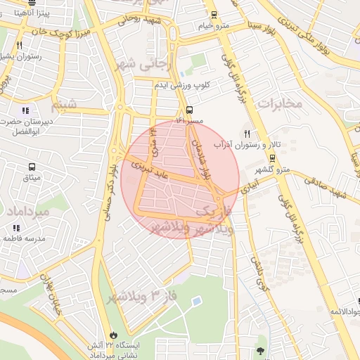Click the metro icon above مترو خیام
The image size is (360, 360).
214,14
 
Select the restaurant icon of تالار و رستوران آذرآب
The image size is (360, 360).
247,134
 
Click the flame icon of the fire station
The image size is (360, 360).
115,335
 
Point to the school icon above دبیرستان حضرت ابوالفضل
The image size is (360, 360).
26,110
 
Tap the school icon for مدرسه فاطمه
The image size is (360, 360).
15,228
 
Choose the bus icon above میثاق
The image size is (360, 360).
32,167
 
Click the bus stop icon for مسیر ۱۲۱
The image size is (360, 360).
189,110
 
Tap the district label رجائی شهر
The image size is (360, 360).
153,65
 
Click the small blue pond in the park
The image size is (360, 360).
195,301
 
